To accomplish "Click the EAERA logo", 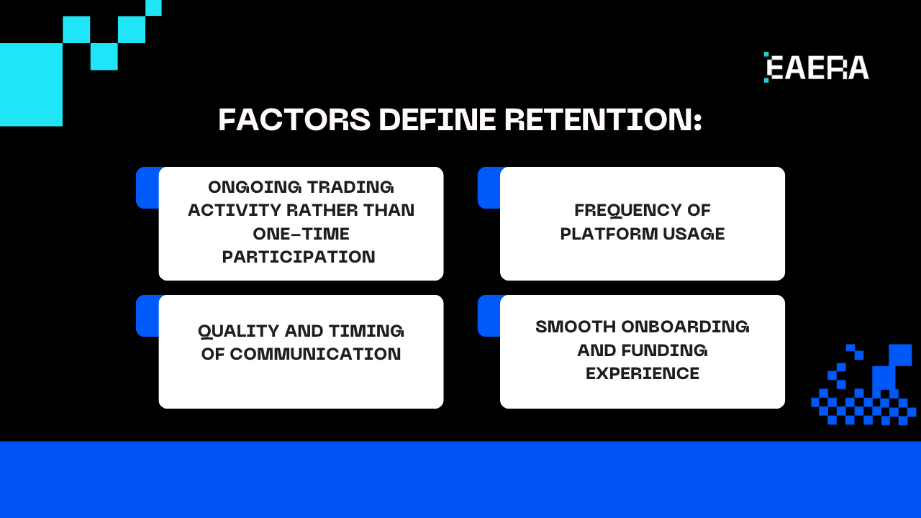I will click(x=817, y=68).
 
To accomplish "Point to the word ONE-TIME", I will click(x=301, y=234).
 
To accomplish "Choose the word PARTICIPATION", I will click(x=299, y=257).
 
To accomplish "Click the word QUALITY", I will click(x=238, y=331).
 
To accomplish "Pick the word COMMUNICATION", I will click(x=315, y=354).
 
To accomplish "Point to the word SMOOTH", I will click(x=575, y=327).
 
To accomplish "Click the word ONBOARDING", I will click(x=685, y=327).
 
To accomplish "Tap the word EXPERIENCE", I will click(x=643, y=373).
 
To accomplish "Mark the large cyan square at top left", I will click(x=31, y=84).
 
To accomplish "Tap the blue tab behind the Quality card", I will click(x=147, y=316).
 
